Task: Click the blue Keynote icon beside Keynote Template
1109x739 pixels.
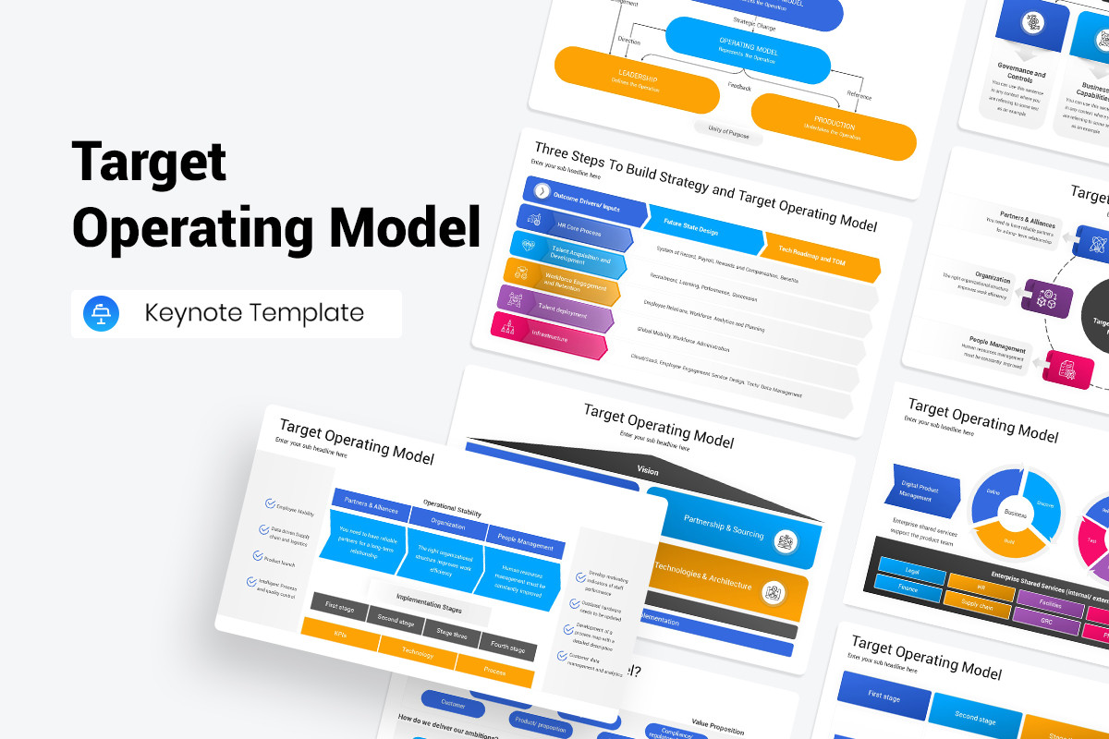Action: pyautogui.click(x=95, y=313)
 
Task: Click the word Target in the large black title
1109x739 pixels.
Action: pyautogui.click(x=149, y=163)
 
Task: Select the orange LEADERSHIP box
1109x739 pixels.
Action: pyautogui.click(x=636, y=81)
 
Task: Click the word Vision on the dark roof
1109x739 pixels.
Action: pyautogui.click(x=648, y=470)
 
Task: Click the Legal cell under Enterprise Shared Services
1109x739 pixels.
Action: pyautogui.click(x=910, y=569)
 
